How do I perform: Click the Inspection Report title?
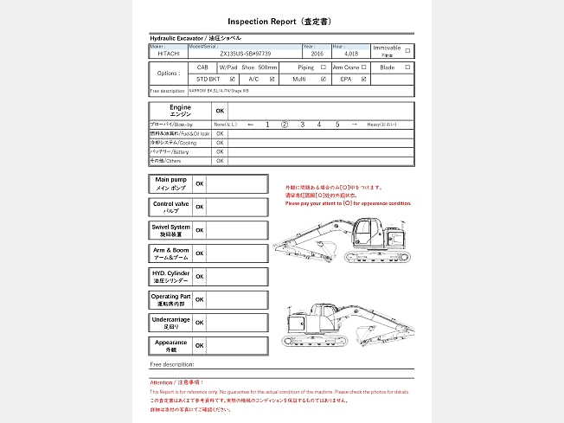click(x=281, y=21)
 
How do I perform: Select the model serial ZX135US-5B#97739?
click(x=246, y=54)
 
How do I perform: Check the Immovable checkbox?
click(x=407, y=50)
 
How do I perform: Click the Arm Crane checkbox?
click(x=364, y=67)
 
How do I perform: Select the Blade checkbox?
click(x=407, y=67)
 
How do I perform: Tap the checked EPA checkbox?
click(x=364, y=79)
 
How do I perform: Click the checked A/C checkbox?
click(x=272, y=79)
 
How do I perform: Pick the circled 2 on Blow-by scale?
click(x=285, y=125)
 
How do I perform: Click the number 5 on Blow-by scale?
click(x=337, y=125)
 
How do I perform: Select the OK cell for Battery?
click(x=220, y=151)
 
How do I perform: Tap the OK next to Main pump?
click(x=200, y=184)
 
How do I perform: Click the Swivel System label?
click(x=170, y=230)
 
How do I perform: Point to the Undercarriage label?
click(x=170, y=323)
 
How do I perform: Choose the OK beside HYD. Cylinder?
click(x=200, y=277)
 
